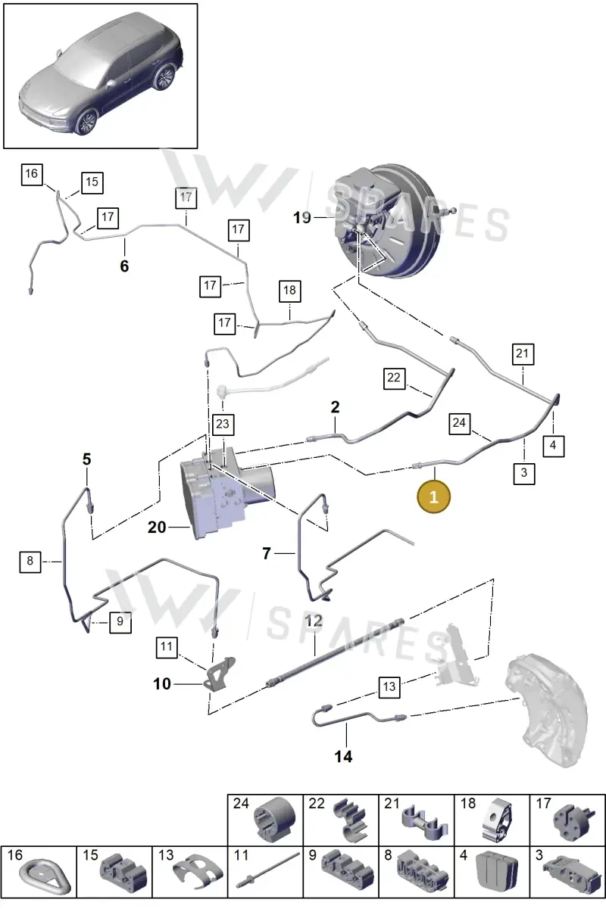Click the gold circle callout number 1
point(434,496)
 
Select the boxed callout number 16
point(32,174)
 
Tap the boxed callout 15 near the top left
point(92,182)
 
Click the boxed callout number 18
point(289,291)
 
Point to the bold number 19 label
point(301,218)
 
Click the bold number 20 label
point(157,527)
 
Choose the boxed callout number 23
point(223,424)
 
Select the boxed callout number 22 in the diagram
point(394,378)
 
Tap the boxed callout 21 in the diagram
point(523,354)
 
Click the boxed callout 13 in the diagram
point(389,687)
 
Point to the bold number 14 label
point(343,757)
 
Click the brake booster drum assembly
point(388,221)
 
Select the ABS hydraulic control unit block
point(227,492)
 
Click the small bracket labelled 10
point(220,674)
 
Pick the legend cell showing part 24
point(265,820)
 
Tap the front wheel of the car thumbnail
point(86,122)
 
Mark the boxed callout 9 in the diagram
point(120,622)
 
